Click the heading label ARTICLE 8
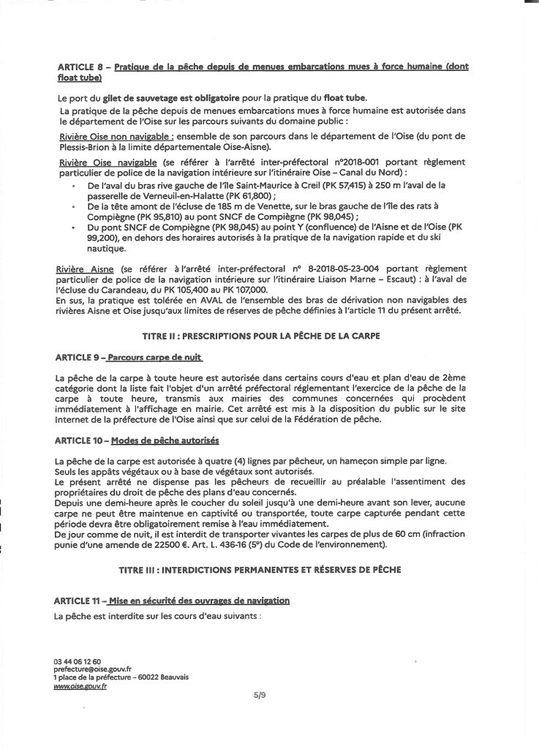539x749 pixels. [x=81, y=67]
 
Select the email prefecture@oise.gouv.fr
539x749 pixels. [x=93, y=669]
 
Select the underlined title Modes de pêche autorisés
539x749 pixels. [x=165, y=441]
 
